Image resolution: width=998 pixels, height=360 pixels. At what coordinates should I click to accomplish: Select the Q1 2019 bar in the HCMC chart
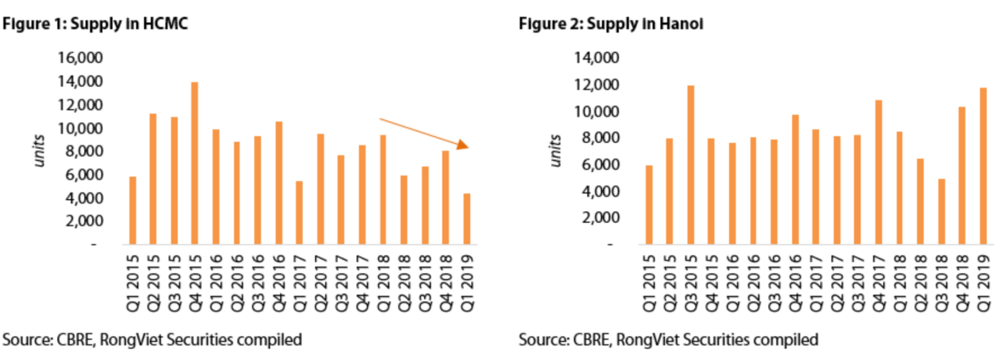tap(467, 218)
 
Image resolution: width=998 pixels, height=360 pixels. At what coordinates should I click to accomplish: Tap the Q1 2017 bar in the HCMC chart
tap(299, 212)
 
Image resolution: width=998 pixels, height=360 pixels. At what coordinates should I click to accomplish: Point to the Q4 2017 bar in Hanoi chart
tap(878, 172)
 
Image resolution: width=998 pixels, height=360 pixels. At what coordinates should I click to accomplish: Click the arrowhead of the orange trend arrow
tap(463, 145)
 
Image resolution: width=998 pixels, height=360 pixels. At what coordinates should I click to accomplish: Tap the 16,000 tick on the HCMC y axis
tap(80, 58)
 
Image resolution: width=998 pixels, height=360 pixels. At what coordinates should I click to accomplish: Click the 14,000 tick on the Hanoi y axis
tap(596, 58)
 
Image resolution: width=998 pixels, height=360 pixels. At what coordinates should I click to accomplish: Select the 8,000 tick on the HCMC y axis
tap(84, 152)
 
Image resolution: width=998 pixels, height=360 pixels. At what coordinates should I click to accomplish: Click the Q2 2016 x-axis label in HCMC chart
tap(237, 282)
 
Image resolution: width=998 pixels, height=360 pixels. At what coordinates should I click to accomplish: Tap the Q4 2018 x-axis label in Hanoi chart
tap(962, 282)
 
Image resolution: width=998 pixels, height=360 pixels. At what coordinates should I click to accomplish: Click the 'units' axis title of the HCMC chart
tap(39, 150)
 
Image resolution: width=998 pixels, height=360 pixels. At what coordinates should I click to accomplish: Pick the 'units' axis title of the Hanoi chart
tap(555, 150)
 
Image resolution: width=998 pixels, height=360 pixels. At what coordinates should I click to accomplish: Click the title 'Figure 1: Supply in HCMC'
tap(95, 24)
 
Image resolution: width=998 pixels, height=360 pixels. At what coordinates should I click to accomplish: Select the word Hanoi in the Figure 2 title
tap(681, 24)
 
